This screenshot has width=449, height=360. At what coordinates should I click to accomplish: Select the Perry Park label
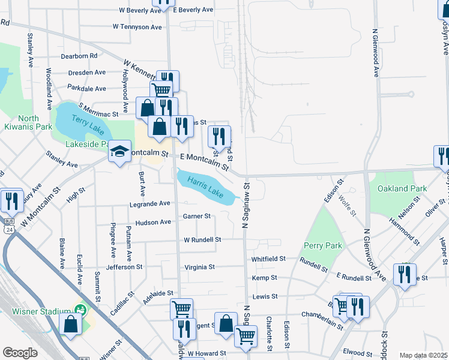(323, 245)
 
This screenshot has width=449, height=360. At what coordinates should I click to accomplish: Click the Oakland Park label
(402, 188)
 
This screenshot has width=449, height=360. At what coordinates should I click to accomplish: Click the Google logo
(20, 353)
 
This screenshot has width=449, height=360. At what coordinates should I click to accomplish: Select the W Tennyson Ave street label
(137, 27)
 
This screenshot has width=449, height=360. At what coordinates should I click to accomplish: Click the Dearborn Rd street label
(79, 56)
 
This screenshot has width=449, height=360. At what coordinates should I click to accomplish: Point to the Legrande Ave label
(150, 205)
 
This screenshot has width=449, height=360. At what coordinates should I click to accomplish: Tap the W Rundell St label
(202, 239)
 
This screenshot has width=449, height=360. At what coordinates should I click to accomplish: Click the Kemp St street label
(264, 278)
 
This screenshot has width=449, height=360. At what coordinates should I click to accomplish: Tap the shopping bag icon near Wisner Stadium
(71, 325)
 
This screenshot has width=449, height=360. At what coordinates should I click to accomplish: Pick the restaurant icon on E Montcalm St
(219, 136)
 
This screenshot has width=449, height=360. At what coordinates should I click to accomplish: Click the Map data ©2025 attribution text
(424, 355)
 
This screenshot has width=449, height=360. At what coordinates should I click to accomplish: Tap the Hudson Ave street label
(154, 222)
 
